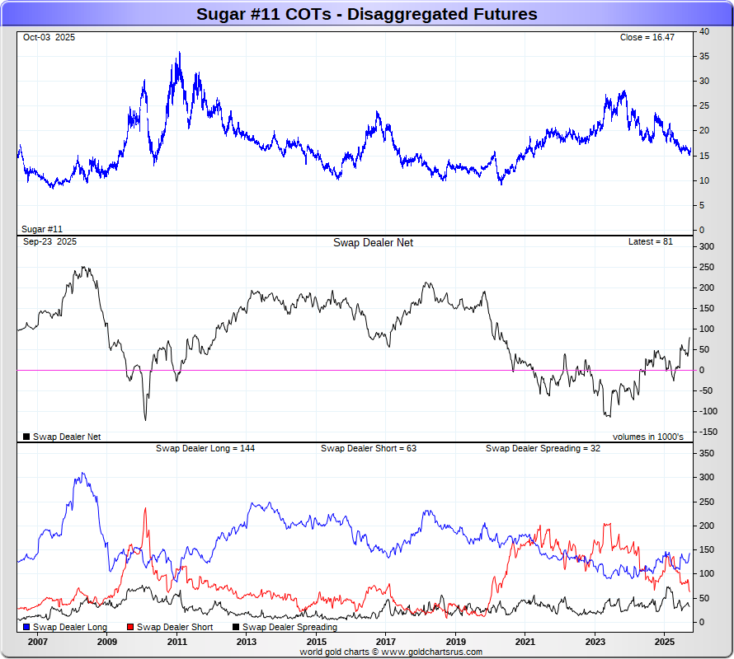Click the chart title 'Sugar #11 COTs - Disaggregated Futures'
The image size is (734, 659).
pyautogui.click(x=366, y=14)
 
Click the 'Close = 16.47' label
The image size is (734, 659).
pyautogui.click(x=647, y=38)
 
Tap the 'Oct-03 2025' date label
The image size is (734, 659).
pyautogui.click(x=49, y=38)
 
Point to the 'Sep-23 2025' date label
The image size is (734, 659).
pyautogui.click(x=49, y=242)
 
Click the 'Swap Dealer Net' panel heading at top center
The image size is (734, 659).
pyautogui.click(x=373, y=242)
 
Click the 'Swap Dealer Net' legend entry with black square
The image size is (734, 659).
pyautogui.click(x=62, y=437)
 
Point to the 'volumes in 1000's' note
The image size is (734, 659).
pyautogui.click(x=647, y=437)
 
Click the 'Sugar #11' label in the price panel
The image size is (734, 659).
pyautogui.click(x=42, y=229)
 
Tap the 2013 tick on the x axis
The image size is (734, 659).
pyautogui.click(x=247, y=641)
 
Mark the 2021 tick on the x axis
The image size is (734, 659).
pyautogui.click(x=525, y=641)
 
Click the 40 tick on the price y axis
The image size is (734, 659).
pyautogui.click(x=703, y=31)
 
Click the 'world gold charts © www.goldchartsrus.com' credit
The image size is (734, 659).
pyautogui.click(x=392, y=652)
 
